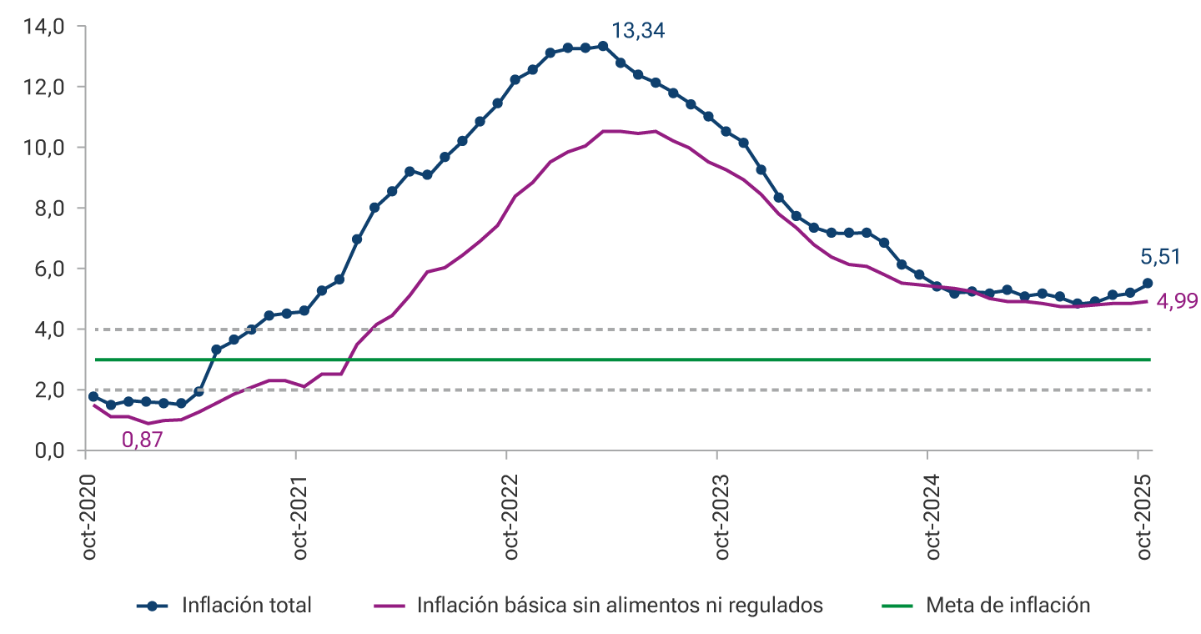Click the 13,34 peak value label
(x=638, y=32)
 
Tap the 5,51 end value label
(x=1160, y=257)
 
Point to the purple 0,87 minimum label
(x=143, y=440)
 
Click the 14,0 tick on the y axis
(x=46, y=27)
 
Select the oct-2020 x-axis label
(x=90, y=518)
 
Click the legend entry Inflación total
(x=246, y=606)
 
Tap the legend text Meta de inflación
(x=1008, y=606)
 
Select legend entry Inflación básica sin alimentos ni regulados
(x=620, y=606)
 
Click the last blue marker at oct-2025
(x=1148, y=284)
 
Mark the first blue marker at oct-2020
(x=93, y=396)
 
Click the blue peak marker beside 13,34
(x=603, y=46)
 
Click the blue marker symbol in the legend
(x=152, y=606)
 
